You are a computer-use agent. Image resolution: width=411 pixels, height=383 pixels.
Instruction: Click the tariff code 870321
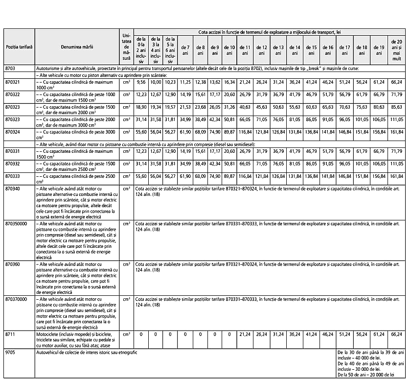(x=14, y=82)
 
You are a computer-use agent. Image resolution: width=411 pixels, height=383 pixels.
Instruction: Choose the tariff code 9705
(x=11, y=352)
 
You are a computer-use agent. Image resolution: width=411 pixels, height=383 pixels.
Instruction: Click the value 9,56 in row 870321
(x=141, y=82)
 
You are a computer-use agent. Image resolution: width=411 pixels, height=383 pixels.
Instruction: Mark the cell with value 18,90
(x=141, y=106)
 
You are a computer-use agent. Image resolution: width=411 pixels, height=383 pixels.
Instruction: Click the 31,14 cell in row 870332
(x=141, y=163)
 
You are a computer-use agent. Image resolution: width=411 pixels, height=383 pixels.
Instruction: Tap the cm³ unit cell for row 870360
(x=126, y=263)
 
